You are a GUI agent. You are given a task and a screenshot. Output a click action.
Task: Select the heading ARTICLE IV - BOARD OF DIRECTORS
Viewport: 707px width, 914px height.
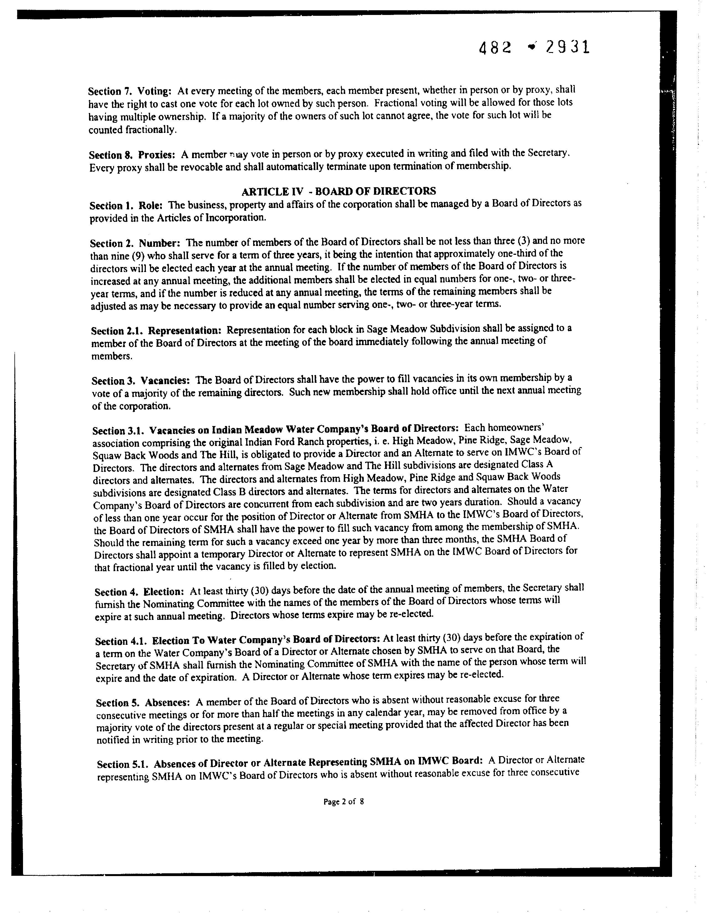pos(339,191)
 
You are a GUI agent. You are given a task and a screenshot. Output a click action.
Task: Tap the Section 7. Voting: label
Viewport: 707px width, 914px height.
pos(130,91)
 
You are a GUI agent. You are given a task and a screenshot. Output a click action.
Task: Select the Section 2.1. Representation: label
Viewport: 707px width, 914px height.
pos(156,331)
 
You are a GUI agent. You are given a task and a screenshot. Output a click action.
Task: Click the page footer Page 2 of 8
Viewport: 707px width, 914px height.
pos(344,802)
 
